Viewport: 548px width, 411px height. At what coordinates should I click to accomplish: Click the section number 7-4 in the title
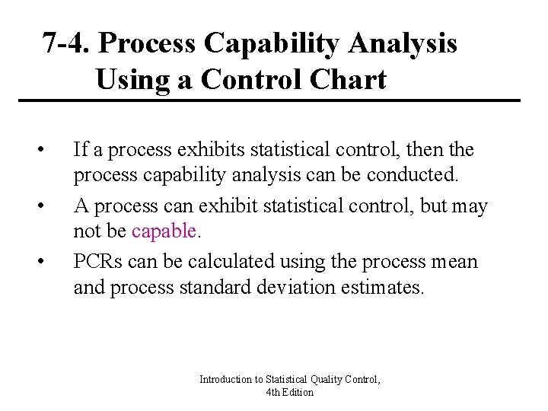click(65, 44)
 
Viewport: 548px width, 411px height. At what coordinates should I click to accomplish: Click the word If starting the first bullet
click(80, 148)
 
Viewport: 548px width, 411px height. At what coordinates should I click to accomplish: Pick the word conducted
click(413, 176)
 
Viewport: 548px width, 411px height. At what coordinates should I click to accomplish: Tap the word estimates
click(385, 288)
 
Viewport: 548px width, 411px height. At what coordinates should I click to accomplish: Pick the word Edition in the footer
click(298, 392)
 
